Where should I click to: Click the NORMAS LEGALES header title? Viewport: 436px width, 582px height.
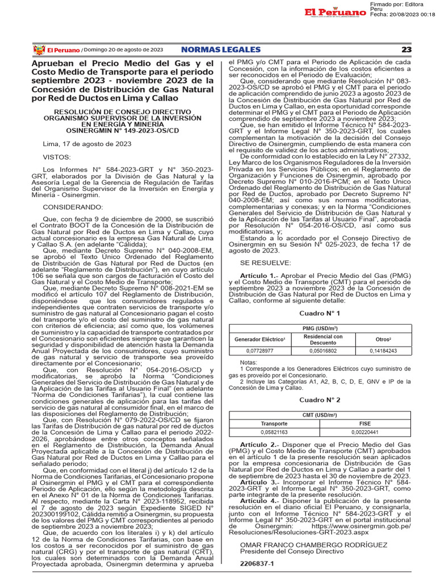click(221, 49)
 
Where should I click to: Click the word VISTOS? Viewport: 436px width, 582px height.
click(57, 156)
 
